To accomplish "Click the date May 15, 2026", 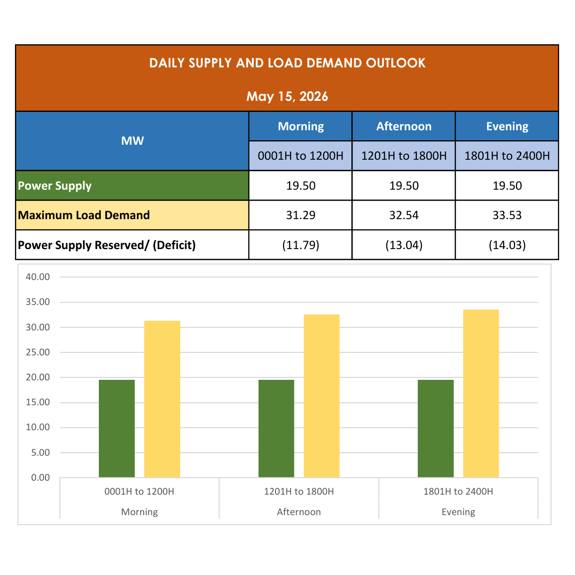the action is coord(287,96).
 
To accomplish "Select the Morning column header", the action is coord(300,126).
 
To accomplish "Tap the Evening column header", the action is coord(507,126).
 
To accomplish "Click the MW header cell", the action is coord(132,141).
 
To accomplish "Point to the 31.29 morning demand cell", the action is coord(300,215).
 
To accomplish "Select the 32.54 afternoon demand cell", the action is coord(404,215).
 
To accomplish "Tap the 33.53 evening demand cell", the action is coord(507,215).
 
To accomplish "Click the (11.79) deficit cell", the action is coord(300,245).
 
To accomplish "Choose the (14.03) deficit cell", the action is coord(507,245).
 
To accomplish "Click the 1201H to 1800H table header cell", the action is coord(404,156).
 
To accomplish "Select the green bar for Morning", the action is coord(117,428).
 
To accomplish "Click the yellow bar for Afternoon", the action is coord(321,396).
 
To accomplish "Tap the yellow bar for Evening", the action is coord(481,393).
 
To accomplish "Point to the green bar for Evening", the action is coord(436,428).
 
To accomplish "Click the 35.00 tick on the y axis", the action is coord(38,302).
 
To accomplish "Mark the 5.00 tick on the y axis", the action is coord(40,453).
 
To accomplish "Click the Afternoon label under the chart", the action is coord(299,512).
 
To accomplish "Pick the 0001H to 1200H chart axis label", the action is coord(139,491).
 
